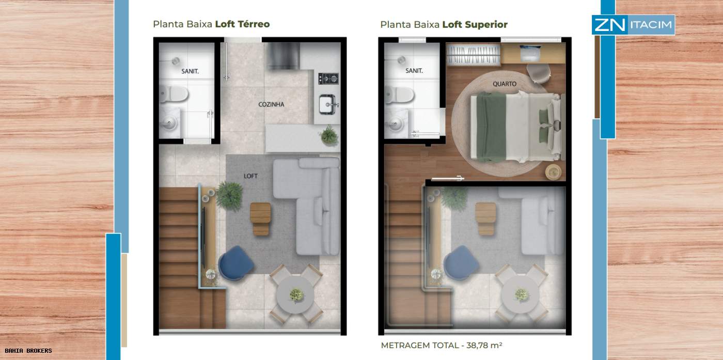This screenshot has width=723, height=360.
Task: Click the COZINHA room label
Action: point(271,104)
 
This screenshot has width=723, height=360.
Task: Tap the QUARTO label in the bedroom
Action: point(505,84)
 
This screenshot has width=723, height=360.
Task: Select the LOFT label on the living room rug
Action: point(250,176)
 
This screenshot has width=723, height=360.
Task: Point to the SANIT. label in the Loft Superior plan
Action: point(414,71)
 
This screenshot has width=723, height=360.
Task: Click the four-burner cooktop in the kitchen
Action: point(328,79)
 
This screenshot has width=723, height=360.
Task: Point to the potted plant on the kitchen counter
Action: point(329,135)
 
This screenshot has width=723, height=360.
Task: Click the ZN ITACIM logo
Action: point(633,25)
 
